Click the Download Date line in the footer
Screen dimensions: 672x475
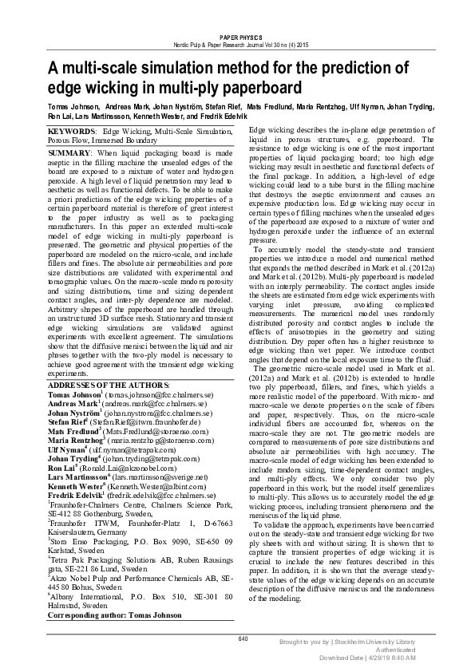click(x=368, y=657)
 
